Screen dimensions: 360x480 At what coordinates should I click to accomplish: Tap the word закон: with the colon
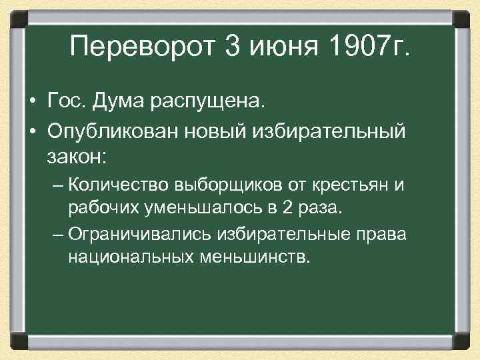[77, 158]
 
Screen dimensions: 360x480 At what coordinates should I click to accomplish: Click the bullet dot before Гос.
[32, 102]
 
